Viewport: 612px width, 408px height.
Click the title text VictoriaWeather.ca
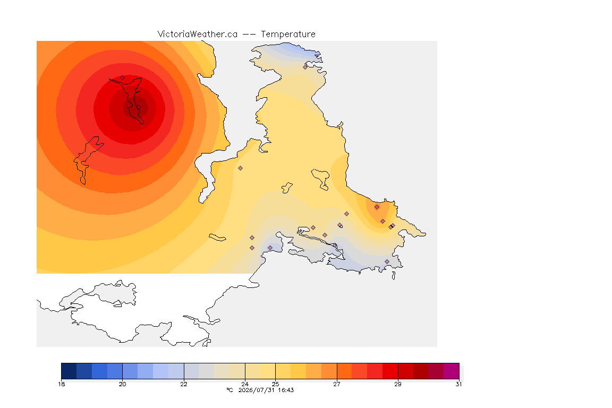pyautogui.click(x=198, y=35)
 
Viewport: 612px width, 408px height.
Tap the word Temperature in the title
pyautogui.click(x=288, y=35)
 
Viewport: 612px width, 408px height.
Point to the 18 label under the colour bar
pyautogui.click(x=61, y=384)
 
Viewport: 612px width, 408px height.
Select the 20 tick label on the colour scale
pyautogui.click(x=123, y=384)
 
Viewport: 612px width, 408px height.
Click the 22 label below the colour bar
pyautogui.click(x=184, y=384)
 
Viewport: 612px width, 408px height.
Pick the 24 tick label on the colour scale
pyautogui.click(x=245, y=384)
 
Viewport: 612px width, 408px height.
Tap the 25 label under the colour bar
pyautogui.click(x=276, y=384)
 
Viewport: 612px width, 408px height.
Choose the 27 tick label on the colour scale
pyautogui.click(x=336, y=384)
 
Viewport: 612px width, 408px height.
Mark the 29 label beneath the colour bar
pyautogui.click(x=398, y=384)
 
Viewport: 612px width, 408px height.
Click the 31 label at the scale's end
pyautogui.click(x=458, y=384)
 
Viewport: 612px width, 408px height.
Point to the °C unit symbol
pyautogui.click(x=229, y=390)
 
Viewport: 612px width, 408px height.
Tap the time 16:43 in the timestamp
pyautogui.click(x=286, y=390)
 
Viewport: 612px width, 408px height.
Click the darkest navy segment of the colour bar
pyautogui.click(x=69, y=371)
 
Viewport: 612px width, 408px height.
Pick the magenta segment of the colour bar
pyautogui.click(x=451, y=371)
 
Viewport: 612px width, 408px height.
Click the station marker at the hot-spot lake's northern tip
pyautogui.click(x=123, y=78)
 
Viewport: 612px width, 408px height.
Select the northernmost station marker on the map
pyautogui.click(x=305, y=67)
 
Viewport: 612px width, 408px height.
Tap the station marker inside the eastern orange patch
pyautogui.click(x=377, y=207)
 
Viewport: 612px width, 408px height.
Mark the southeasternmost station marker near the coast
pyautogui.click(x=387, y=261)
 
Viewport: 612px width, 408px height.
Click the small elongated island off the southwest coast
pyautogui.click(x=217, y=237)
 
